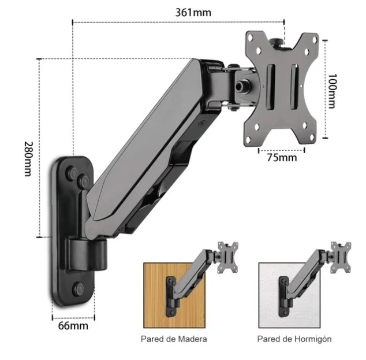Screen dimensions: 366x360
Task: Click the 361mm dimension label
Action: pyautogui.click(x=193, y=12)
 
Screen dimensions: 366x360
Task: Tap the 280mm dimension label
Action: pyautogui.click(x=29, y=159)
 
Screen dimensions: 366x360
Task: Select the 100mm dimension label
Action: pyautogui.click(x=332, y=91)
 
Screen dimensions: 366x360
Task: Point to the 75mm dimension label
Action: pyautogui.click(x=282, y=157)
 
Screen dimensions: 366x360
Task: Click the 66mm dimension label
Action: pyautogui.click(x=73, y=326)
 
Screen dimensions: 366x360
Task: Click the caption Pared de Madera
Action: pyautogui.click(x=174, y=339)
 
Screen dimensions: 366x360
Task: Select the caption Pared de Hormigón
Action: pyautogui.click(x=294, y=339)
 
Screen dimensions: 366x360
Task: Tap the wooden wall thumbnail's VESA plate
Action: pyautogui.click(x=228, y=258)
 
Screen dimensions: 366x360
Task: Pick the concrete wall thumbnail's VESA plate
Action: pyautogui.click(x=341, y=258)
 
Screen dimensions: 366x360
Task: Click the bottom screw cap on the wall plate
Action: pyautogui.click(x=79, y=289)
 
